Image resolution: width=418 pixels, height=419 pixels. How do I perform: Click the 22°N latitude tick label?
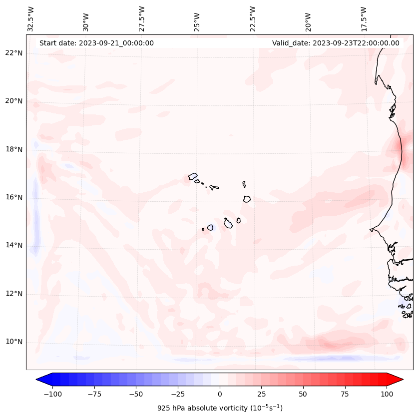(14, 53)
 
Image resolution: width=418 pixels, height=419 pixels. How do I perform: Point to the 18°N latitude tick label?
(14, 149)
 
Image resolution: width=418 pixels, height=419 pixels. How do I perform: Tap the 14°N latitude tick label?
(14, 245)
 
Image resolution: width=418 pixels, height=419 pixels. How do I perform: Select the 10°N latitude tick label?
(14, 342)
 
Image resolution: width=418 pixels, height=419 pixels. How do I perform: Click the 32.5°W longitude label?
(31, 18)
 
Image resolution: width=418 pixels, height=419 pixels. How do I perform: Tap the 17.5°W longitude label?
(364, 18)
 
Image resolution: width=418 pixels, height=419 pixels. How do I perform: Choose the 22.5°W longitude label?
(253, 18)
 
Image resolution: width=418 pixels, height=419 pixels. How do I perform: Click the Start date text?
(96, 43)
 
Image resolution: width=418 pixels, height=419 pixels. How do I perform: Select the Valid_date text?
(336, 43)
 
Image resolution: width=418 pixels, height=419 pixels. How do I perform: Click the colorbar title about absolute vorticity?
(220, 408)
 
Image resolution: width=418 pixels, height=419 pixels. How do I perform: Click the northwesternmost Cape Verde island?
(193, 176)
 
